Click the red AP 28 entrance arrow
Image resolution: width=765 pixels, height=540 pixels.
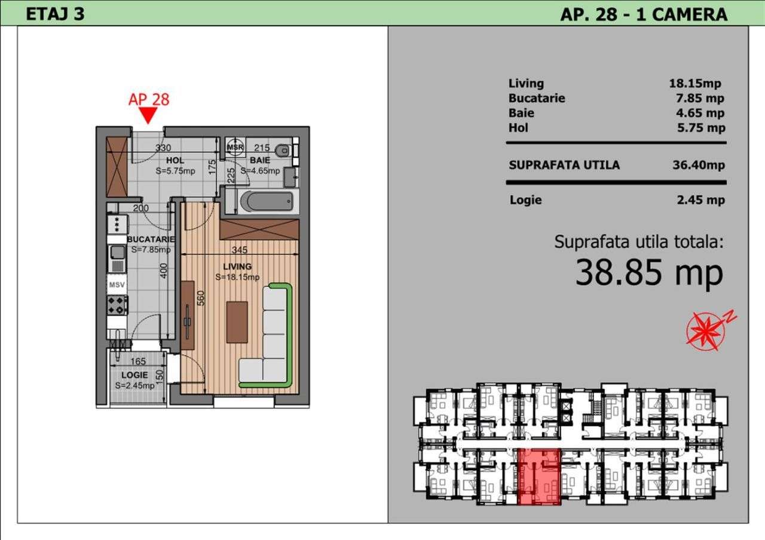coord(148,115)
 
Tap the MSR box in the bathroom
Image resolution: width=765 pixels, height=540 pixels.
coord(235,147)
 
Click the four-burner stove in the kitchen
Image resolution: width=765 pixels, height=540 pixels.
coord(117,305)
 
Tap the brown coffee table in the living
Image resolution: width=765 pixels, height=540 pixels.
coord(237,322)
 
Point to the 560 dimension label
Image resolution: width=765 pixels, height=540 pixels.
coord(201,297)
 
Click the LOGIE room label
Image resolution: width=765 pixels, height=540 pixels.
coord(134,375)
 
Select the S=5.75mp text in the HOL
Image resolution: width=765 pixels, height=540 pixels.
coord(176,170)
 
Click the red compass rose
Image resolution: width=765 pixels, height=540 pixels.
coord(706,330)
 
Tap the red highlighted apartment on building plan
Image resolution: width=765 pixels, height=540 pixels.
coord(539,475)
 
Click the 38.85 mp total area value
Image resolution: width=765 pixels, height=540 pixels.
coord(649,273)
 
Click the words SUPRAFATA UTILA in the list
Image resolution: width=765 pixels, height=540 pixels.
coord(564,165)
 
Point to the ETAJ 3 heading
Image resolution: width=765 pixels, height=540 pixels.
coord(55,14)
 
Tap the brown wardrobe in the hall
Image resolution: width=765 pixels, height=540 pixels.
coord(116,167)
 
